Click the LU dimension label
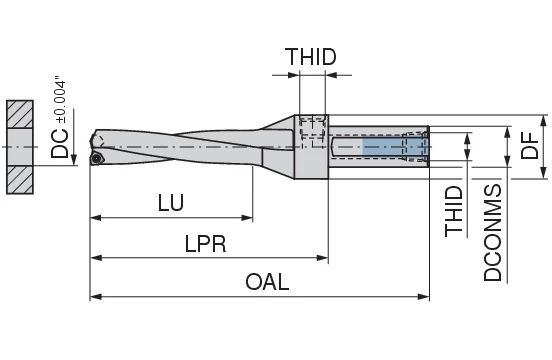click(x=170, y=203)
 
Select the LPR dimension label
click(x=205, y=243)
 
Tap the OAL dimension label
click(x=267, y=282)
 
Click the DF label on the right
click(x=531, y=149)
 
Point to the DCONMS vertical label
click(x=493, y=232)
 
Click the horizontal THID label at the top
click(x=310, y=57)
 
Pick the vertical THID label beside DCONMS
click(x=455, y=211)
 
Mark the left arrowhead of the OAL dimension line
click(x=95, y=297)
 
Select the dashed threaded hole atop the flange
click(x=311, y=126)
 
